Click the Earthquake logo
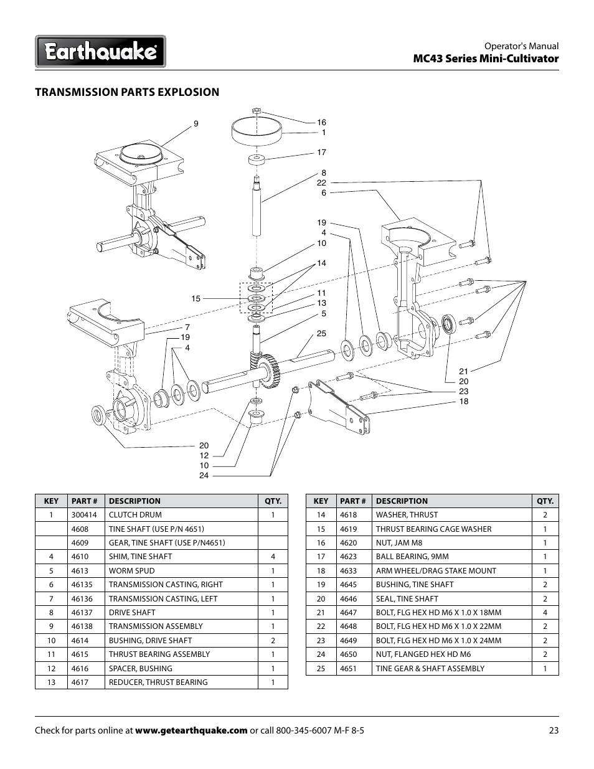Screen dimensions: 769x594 [x=100, y=51]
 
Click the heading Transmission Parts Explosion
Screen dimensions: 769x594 [x=127, y=92]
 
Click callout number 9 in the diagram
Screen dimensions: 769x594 [x=196, y=124]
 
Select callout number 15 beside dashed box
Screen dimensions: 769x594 [x=196, y=299]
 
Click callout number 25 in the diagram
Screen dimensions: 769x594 [x=321, y=334]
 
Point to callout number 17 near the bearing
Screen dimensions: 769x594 [x=321, y=153]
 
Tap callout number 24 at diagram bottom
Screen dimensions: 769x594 [x=204, y=476]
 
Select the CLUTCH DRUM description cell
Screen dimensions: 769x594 [x=135, y=515]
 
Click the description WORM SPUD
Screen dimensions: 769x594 [x=132, y=570]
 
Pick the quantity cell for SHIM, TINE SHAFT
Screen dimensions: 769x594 [x=273, y=557]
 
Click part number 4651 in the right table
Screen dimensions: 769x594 [x=350, y=668]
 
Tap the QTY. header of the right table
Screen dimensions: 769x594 [x=545, y=501]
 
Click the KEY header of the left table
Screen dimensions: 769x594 [x=51, y=501]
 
